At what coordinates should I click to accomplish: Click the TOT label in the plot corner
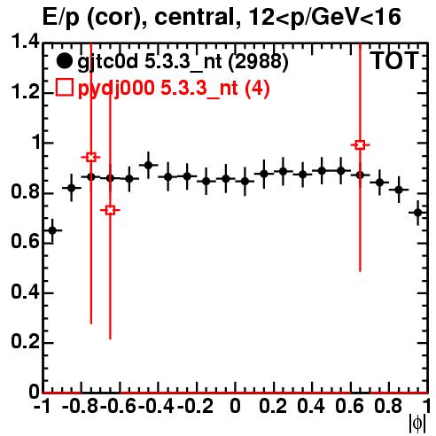pos(394,60)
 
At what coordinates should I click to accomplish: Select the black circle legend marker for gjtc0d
pos(64,61)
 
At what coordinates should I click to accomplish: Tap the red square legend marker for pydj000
pos(64,88)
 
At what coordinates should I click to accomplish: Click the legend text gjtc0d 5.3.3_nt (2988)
pos(183,62)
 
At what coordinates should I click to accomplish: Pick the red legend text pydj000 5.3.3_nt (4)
pos(174,88)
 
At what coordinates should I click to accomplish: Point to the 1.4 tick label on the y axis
pos(26,42)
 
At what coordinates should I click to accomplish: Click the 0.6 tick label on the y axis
pos(26,241)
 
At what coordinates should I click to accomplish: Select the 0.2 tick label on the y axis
pos(26,341)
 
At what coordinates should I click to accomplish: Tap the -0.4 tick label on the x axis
pos(157,407)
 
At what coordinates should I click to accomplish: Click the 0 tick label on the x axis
pos(235,407)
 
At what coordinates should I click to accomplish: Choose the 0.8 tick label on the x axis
pos(388,407)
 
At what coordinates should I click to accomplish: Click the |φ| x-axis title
pos(417,424)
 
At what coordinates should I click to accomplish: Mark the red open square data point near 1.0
pos(360,145)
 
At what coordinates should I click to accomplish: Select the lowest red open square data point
pos(110,210)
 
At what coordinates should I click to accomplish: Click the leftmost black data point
pos(52,230)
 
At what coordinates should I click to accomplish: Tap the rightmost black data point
pos(417,213)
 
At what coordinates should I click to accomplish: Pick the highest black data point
pos(148,165)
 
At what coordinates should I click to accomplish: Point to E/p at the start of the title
pos(60,18)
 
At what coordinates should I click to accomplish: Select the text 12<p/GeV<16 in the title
pos(325,18)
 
